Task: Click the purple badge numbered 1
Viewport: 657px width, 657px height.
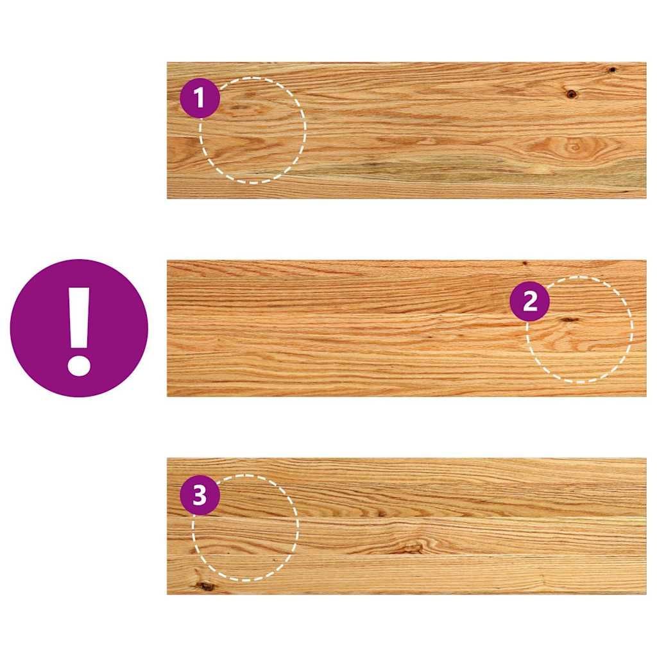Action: click(x=200, y=98)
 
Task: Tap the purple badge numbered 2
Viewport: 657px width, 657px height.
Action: click(x=529, y=302)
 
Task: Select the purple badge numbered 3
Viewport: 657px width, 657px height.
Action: click(x=200, y=495)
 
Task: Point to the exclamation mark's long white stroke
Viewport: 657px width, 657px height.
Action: click(x=79, y=318)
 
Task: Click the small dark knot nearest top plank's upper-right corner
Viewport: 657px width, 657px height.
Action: click(x=612, y=69)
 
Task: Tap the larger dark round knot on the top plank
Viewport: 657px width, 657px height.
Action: click(x=570, y=94)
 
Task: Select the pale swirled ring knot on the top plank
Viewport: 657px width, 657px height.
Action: click(x=574, y=147)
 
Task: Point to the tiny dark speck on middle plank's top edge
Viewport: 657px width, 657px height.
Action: click(x=525, y=263)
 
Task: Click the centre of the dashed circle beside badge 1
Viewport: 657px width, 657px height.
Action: click(x=253, y=130)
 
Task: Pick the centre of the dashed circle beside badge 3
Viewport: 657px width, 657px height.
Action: click(x=245, y=528)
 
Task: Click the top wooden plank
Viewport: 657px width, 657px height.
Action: click(x=406, y=130)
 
